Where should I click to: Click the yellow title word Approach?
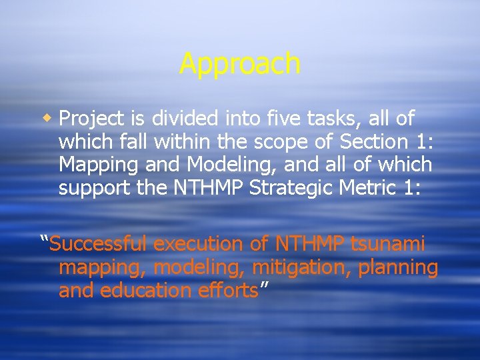(x=240, y=64)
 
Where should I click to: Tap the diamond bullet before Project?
(x=48, y=119)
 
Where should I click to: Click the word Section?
(x=372, y=142)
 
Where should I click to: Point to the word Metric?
(x=374, y=189)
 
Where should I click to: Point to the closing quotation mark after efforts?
(x=264, y=286)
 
